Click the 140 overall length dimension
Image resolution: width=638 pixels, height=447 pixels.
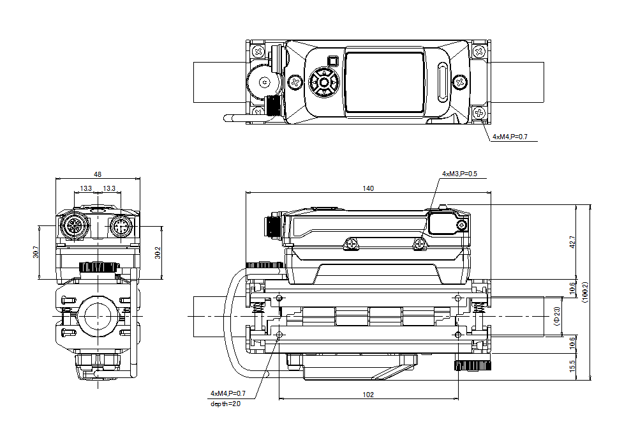click(x=368, y=188)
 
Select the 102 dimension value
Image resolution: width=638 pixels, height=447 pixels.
click(x=368, y=395)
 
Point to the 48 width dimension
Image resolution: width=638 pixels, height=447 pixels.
click(x=98, y=174)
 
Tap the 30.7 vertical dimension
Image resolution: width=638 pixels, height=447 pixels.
click(x=35, y=252)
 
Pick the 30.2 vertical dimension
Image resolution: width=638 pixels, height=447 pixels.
click(x=158, y=252)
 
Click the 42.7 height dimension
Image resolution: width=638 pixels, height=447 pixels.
click(x=572, y=242)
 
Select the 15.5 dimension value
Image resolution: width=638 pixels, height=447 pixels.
click(x=572, y=367)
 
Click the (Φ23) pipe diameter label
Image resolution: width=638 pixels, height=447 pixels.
click(x=556, y=315)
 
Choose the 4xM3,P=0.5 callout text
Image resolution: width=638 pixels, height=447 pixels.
click(x=459, y=174)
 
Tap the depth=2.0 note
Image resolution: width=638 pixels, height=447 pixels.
click(x=225, y=404)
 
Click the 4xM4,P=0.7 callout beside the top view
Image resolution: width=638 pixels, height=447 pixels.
click(x=510, y=137)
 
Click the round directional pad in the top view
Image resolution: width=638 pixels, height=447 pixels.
click(x=324, y=82)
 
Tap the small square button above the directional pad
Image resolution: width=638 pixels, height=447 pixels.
click(x=332, y=61)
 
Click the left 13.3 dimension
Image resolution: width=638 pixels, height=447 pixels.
click(x=85, y=188)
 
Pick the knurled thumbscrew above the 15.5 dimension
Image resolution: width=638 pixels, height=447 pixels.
click(x=471, y=365)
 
